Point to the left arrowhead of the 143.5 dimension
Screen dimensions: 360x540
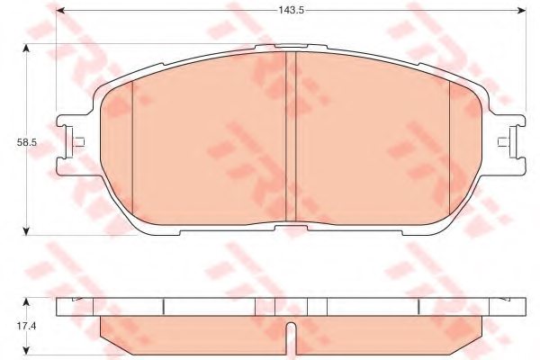62,11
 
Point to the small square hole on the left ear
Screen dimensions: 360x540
80,140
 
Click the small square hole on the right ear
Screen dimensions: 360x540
503,140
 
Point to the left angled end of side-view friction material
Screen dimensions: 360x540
110,333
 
